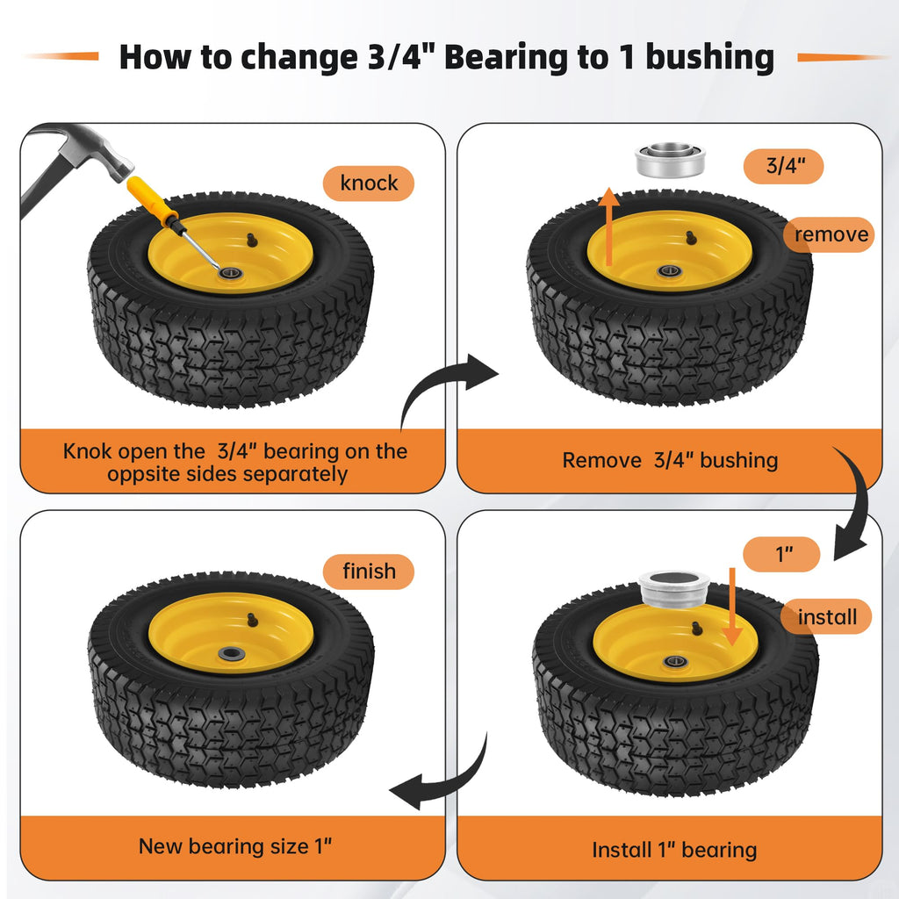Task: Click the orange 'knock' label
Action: pyautogui.click(x=368, y=183)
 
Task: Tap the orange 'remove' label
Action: pyautogui.click(x=829, y=234)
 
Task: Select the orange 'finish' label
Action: pyautogui.click(x=368, y=572)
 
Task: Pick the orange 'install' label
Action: pyautogui.click(x=826, y=616)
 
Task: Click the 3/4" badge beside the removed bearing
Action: pyautogui.click(x=784, y=166)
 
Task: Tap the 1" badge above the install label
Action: pyautogui.click(x=781, y=554)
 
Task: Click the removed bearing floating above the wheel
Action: pyautogui.click(x=670, y=161)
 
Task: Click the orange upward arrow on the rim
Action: pyautogui.click(x=609, y=226)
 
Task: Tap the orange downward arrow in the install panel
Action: pyautogui.click(x=732, y=607)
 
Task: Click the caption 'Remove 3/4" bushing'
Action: pyautogui.click(x=670, y=460)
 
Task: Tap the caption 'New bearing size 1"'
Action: pyautogui.click(x=235, y=846)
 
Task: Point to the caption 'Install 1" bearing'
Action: pyautogui.click(x=674, y=850)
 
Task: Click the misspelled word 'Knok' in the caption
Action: pyautogui.click(x=87, y=451)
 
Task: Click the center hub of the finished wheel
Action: pyautogui.click(x=231, y=653)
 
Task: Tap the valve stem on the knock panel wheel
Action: pyautogui.click(x=252, y=240)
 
